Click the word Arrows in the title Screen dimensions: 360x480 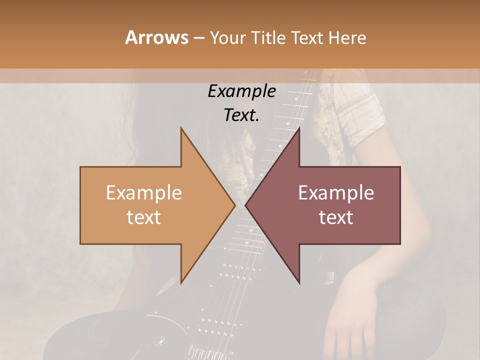156,37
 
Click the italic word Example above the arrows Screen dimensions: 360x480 241,91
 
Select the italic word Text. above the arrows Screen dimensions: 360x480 241,115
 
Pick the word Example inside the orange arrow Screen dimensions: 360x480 143,193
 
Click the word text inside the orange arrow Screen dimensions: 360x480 143,217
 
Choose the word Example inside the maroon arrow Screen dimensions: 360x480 336,193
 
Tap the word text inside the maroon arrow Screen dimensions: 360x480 336,217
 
